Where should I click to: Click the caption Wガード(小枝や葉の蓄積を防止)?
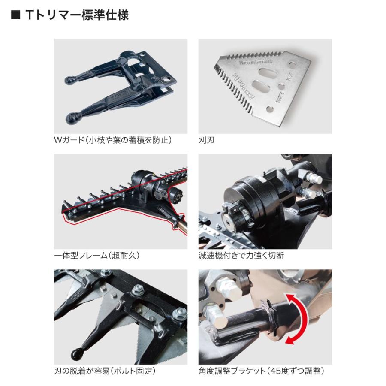tap(113, 140)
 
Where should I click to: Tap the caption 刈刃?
tap(206, 140)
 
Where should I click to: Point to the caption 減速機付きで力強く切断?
tap(241, 256)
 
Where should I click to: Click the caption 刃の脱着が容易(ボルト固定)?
tap(105, 371)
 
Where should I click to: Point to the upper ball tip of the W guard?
tap(70, 80)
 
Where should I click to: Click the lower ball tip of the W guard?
tap(74, 116)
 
